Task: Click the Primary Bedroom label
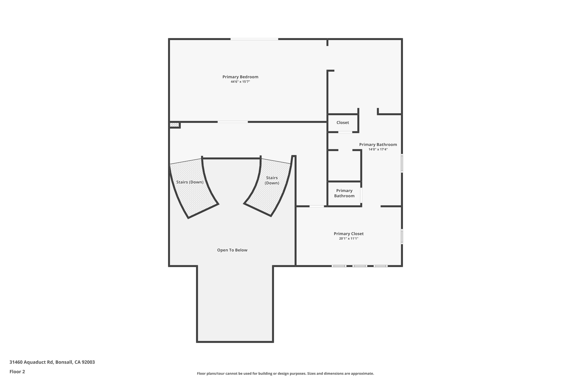[240, 77]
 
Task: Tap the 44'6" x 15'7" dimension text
[240, 82]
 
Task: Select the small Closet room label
[342, 123]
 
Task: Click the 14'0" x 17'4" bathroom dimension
[378, 149]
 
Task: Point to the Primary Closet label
[349, 234]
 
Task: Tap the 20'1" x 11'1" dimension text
[349, 239]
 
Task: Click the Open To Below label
[232, 250]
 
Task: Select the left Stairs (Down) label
[190, 182]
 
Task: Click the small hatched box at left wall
[174, 125]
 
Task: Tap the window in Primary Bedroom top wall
[254, 39]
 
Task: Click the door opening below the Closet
[345, 132]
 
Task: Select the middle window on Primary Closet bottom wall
[360, 266]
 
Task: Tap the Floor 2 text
[17, 372]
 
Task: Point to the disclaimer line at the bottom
[285, 373]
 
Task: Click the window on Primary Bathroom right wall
[402, 163]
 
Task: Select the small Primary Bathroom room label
[344, 193]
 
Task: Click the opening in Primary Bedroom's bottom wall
[233, 122]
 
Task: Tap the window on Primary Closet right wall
[402, 236]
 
